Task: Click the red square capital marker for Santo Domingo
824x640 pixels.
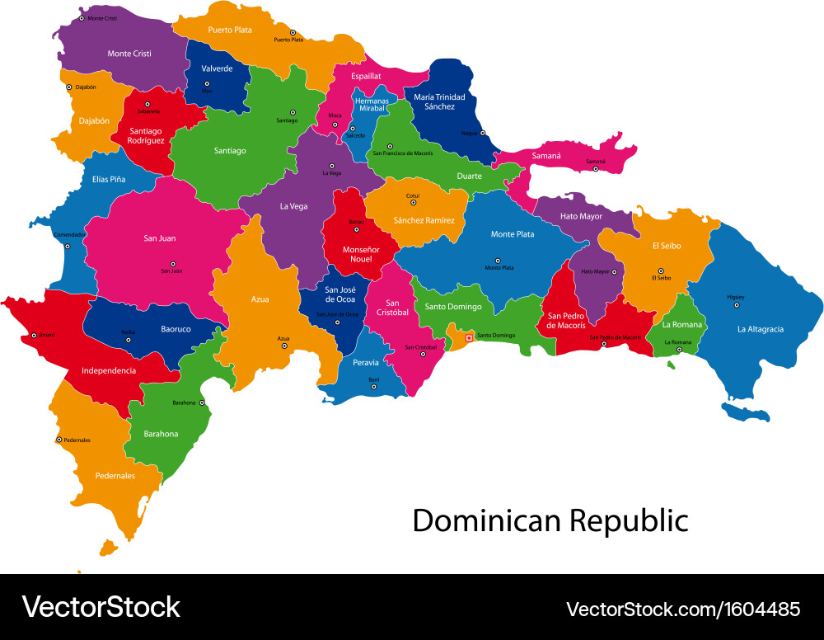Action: click(x=470, y=336)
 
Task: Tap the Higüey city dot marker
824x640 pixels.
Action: click(x=737, y=305)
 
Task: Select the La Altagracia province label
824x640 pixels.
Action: click(x=760, y=329)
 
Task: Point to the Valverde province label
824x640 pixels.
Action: click(x=216, y=68)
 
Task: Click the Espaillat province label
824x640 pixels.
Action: click(x=366, y=76)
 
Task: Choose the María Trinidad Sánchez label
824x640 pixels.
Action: click(x=439, y=101)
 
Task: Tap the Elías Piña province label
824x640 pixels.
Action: click(x=109, y=179)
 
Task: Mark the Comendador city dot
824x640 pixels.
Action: click(x=68, y=246)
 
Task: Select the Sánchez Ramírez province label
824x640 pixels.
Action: click(x=424, y=220)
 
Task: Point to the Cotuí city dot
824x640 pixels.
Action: click(x=413, y=205)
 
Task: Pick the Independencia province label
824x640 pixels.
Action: click(x=109, y=370)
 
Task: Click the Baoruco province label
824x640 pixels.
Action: click(x=176, y=328)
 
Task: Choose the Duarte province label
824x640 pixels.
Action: click(x=469, y=176)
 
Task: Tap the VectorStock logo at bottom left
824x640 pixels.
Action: click(x=101, y=607)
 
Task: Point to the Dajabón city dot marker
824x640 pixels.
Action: click(x=68, y=87)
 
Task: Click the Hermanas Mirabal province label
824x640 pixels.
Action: click(x=372, y=105)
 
